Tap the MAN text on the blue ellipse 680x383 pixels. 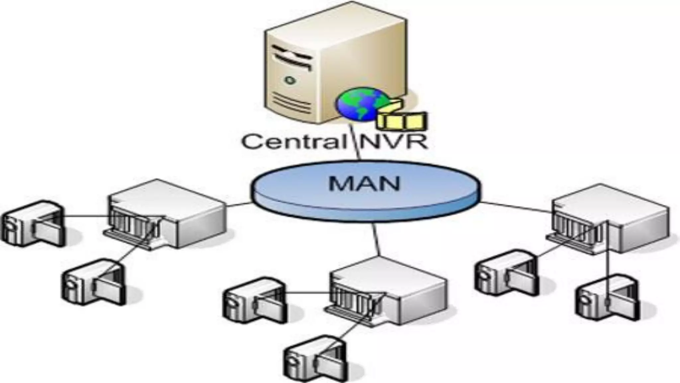click(364, 184)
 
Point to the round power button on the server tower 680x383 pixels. click(290, 80)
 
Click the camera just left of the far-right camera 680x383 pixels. click(506, 273)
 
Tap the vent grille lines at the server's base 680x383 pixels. click(292, 103)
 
